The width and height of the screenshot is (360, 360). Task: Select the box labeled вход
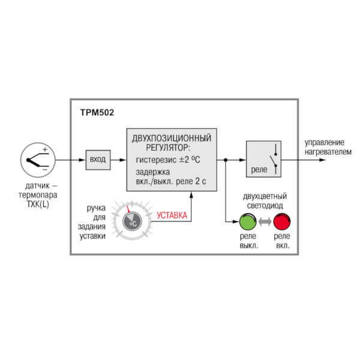[x=97, y=160]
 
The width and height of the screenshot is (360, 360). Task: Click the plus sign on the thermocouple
[x=44, y=149]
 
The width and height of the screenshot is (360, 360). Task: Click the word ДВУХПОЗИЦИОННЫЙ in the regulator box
[x=171, y=137]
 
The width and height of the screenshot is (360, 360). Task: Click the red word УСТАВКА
[x=172, y=215]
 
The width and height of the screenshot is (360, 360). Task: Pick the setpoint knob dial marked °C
[x=132, y=222]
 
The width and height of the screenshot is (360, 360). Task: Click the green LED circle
[x=248, y=223]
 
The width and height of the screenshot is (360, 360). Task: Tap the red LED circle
[x=281, y=223]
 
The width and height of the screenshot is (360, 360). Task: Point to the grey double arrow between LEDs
[x=265, y=223]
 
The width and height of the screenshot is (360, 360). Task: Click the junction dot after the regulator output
[x=225, y=160]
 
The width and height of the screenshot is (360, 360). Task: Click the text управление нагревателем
[x=325, y=147]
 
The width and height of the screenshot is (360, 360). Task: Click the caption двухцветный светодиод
[x=265, y=200]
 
